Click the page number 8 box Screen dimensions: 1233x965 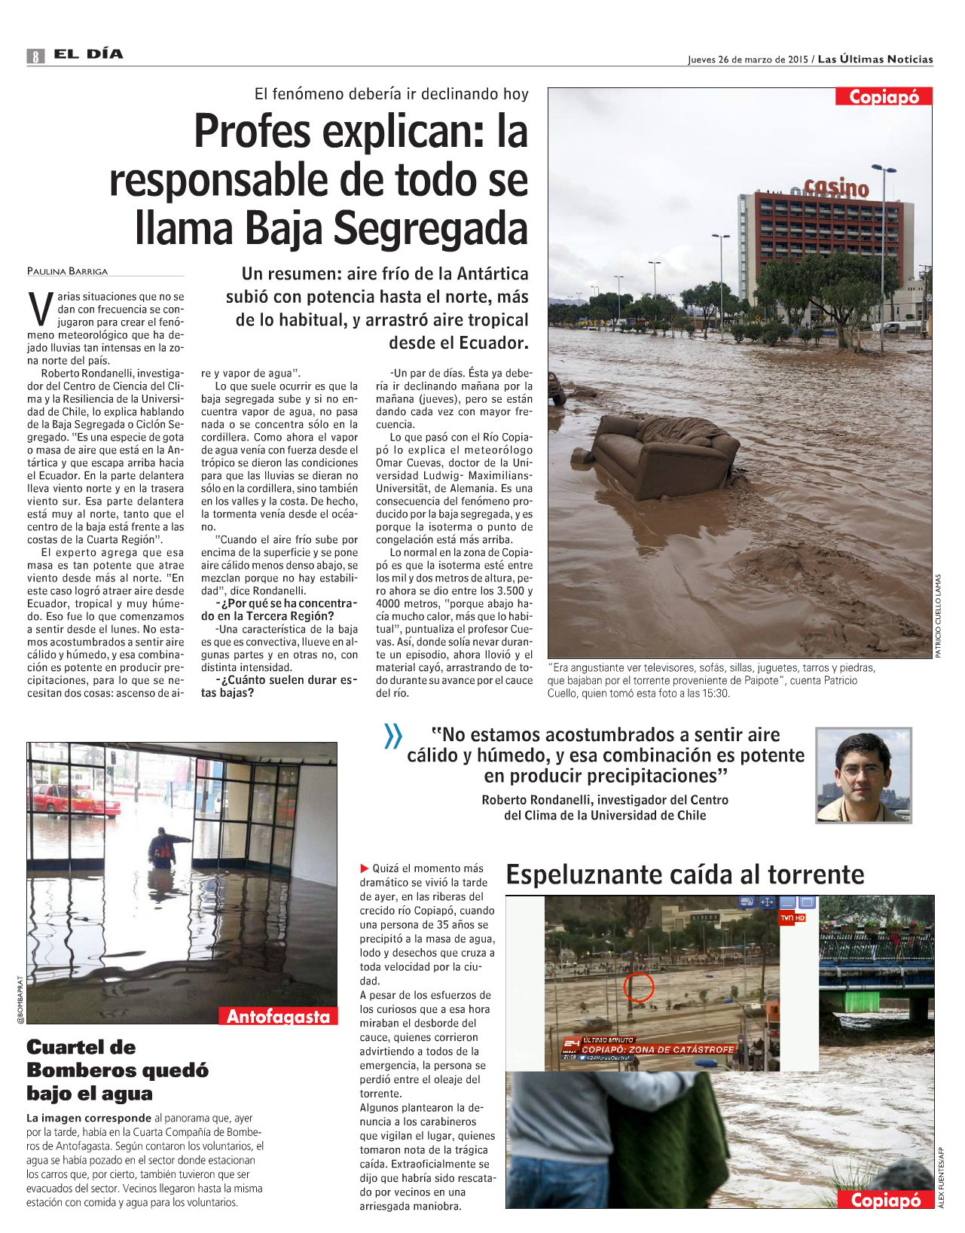tap(35, 56)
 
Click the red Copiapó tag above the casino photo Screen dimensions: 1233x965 tap(884, 96)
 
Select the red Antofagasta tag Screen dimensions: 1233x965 tap(278, 1016)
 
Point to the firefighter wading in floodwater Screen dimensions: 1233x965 tap(162, 848)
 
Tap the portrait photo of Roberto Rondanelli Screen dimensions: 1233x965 tap(863, 775)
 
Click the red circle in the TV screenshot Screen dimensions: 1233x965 tap(639, 987)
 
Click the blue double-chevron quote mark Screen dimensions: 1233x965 tap(393, 736)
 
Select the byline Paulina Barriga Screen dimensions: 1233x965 tap(68, 271)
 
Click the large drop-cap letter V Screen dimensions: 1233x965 tap(40, 309)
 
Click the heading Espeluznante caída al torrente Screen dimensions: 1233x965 tap(685, 874)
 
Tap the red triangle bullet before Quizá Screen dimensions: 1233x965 tap(365, 868)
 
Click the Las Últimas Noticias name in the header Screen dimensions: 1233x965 tap(875, 59)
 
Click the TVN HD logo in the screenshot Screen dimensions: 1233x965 tap(792, 918)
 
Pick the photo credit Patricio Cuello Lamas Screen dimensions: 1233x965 tap(938, 617)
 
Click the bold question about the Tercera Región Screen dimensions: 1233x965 tap(279, 609)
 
